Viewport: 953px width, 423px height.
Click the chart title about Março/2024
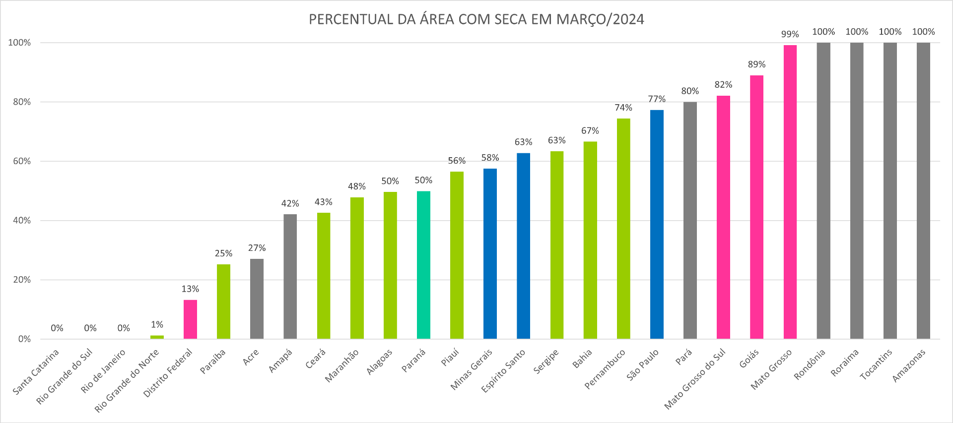tap(476, 19)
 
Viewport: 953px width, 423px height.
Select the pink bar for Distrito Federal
tap(190, 319)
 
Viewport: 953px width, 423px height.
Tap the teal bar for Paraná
tap(423, 265)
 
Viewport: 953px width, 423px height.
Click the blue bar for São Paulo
tap(657, 224)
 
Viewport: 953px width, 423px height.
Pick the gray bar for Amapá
tap(290, 276)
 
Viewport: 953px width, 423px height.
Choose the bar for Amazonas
tap(923, 190)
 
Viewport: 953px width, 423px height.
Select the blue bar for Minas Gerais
tap(490, 253)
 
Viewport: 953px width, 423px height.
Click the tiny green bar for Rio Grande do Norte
tap(157, 337)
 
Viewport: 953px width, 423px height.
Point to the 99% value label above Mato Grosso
tap(790, 34)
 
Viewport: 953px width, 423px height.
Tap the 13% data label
tap(190, 289)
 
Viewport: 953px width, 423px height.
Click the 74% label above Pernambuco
tap(623, 108)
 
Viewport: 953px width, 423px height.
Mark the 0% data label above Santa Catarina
tap(57, 328)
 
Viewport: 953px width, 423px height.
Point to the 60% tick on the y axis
tap(22, 161)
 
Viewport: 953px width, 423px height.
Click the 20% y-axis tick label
tap(22, 280)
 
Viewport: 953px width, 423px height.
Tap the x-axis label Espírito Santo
tap(504, 370)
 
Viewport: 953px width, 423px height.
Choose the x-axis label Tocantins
tap(877, 364)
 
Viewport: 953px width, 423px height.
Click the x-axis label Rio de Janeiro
tap(104, 370)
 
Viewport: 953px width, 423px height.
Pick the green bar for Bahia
tap(590, 240)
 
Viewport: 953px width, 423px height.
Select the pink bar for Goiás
tap(756, 207)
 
